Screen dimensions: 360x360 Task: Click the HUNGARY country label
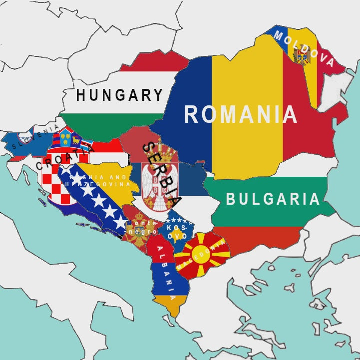(x=120, y=95)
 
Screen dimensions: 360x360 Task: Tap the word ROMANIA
(x=241, y=114)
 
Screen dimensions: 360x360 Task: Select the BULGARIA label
(x=273, y=199)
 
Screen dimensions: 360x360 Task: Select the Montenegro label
(x=142, y=227)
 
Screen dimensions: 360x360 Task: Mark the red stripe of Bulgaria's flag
(x=260, y=240)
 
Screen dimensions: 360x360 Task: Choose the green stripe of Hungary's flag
(x=115, y=125)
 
